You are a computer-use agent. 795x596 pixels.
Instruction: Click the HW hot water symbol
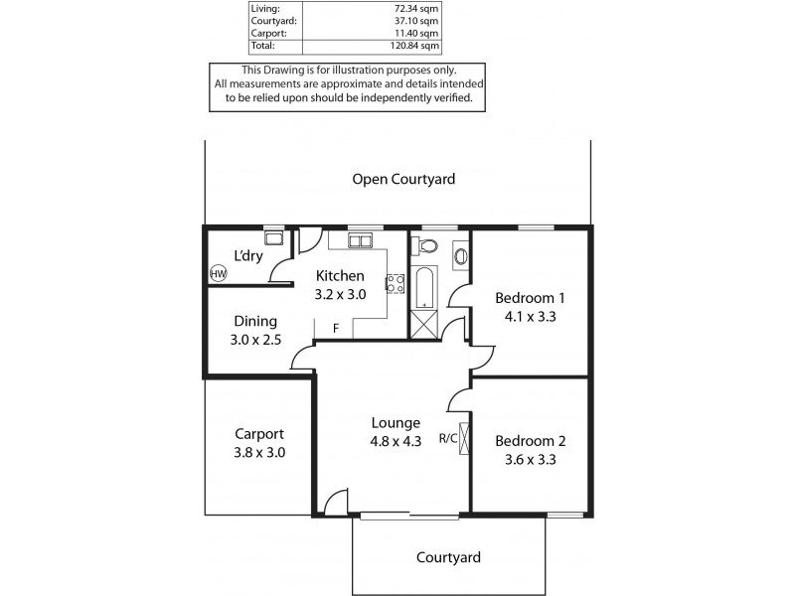pos(218,273)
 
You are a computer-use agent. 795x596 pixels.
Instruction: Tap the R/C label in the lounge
pos(447,438)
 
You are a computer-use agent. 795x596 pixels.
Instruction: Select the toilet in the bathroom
pos(429,245)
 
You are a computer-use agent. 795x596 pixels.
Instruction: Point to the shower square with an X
pos(423,324)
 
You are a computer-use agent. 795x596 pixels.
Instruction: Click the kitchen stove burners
pos(395,282)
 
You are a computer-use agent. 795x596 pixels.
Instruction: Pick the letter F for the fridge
pos(336,328)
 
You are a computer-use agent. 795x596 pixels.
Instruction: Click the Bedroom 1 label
pos(530,297)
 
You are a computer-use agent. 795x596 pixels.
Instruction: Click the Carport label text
pos(259,433)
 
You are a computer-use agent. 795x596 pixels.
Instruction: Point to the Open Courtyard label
pos(403,180)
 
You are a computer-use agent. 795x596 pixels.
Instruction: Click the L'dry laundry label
pos(247,256)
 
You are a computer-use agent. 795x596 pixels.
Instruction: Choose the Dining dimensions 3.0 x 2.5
pos(255,340)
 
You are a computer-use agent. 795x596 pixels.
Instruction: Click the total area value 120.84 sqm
pos(413,46)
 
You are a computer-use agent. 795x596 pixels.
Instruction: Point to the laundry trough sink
pos(273,238)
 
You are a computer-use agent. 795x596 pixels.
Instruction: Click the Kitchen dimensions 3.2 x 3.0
pos(341,294)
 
